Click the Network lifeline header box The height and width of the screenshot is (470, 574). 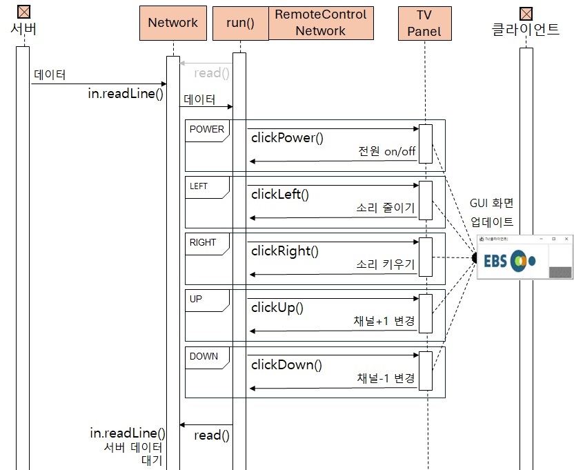point(172,23)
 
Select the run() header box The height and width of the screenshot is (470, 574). point(241,23)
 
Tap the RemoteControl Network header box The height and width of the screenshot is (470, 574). point(321,23)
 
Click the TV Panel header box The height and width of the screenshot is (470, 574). point(424,23)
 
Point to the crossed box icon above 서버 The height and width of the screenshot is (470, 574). point(23,12)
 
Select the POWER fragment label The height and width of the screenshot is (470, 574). point(206,129)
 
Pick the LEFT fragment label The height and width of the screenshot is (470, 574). point(199,186)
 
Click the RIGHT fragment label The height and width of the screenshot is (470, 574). point(202,242)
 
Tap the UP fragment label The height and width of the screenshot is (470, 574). point(196,300)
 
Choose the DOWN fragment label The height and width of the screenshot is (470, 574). point(204,356)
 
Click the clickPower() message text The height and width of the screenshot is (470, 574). point(286,137)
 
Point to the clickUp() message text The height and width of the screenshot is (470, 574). point(277,308)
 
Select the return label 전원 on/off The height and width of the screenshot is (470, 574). point(387,151)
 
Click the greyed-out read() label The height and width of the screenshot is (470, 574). point(211,73)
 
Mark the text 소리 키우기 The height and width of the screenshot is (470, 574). point(386,264)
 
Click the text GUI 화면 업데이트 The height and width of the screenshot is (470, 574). point(492,213)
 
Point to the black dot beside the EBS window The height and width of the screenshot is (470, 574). point(474,257)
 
